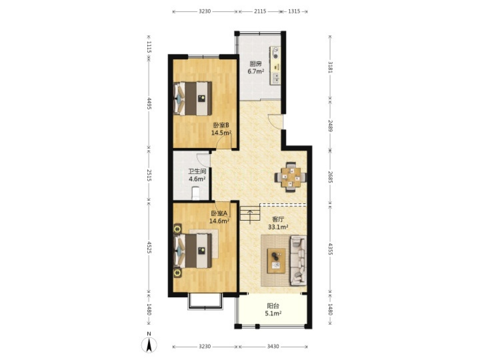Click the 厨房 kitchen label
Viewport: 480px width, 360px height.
[256, 64]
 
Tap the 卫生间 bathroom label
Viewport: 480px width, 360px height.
[197, 171]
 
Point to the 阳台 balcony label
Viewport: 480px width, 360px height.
[273, 306]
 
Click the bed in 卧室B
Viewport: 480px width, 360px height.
[193, 98]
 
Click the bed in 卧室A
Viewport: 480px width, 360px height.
[193, 251]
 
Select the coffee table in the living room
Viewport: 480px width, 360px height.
[277, 261]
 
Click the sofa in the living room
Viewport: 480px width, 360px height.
[298, 261]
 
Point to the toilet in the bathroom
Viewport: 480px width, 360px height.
[195, 193]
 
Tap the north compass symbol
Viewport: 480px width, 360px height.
[149, 345]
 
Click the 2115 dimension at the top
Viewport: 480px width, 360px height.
[260, 11]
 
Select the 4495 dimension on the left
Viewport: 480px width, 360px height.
[149, 103]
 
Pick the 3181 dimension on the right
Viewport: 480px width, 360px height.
[330, 67]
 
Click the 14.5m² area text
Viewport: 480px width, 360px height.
[221, 133]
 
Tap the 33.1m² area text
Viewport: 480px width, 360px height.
[278, 227]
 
